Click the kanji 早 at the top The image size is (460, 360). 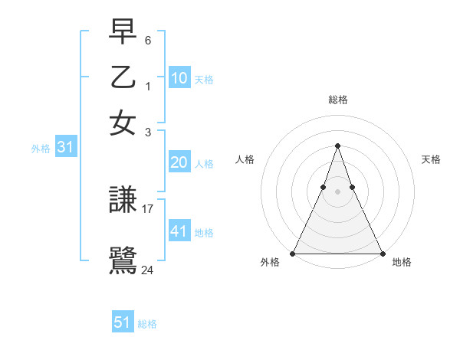(x=123, y=32)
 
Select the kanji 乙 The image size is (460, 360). (x=123, y=77)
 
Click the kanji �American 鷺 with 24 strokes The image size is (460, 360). (x=123, y=261)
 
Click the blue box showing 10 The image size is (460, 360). (x=179, y=78)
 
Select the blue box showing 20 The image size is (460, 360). (x=179, y=162)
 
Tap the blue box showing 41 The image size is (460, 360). (x=179, y=231)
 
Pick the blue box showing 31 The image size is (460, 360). (x=65, y=148)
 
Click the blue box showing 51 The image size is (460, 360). (x=123, y=322)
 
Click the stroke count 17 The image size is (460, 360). (x=148, y=208)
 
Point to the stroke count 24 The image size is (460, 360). (x=148, y=269)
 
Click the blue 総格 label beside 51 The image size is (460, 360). (x=147, y=324)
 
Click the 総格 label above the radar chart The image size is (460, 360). (x=337, y=100)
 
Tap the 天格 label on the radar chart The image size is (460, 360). (x=431, y=159)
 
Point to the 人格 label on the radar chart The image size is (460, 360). (x=245, y=159)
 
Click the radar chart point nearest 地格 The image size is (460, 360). (x=382, y=254)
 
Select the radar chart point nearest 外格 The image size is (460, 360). (x=293, y=254)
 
